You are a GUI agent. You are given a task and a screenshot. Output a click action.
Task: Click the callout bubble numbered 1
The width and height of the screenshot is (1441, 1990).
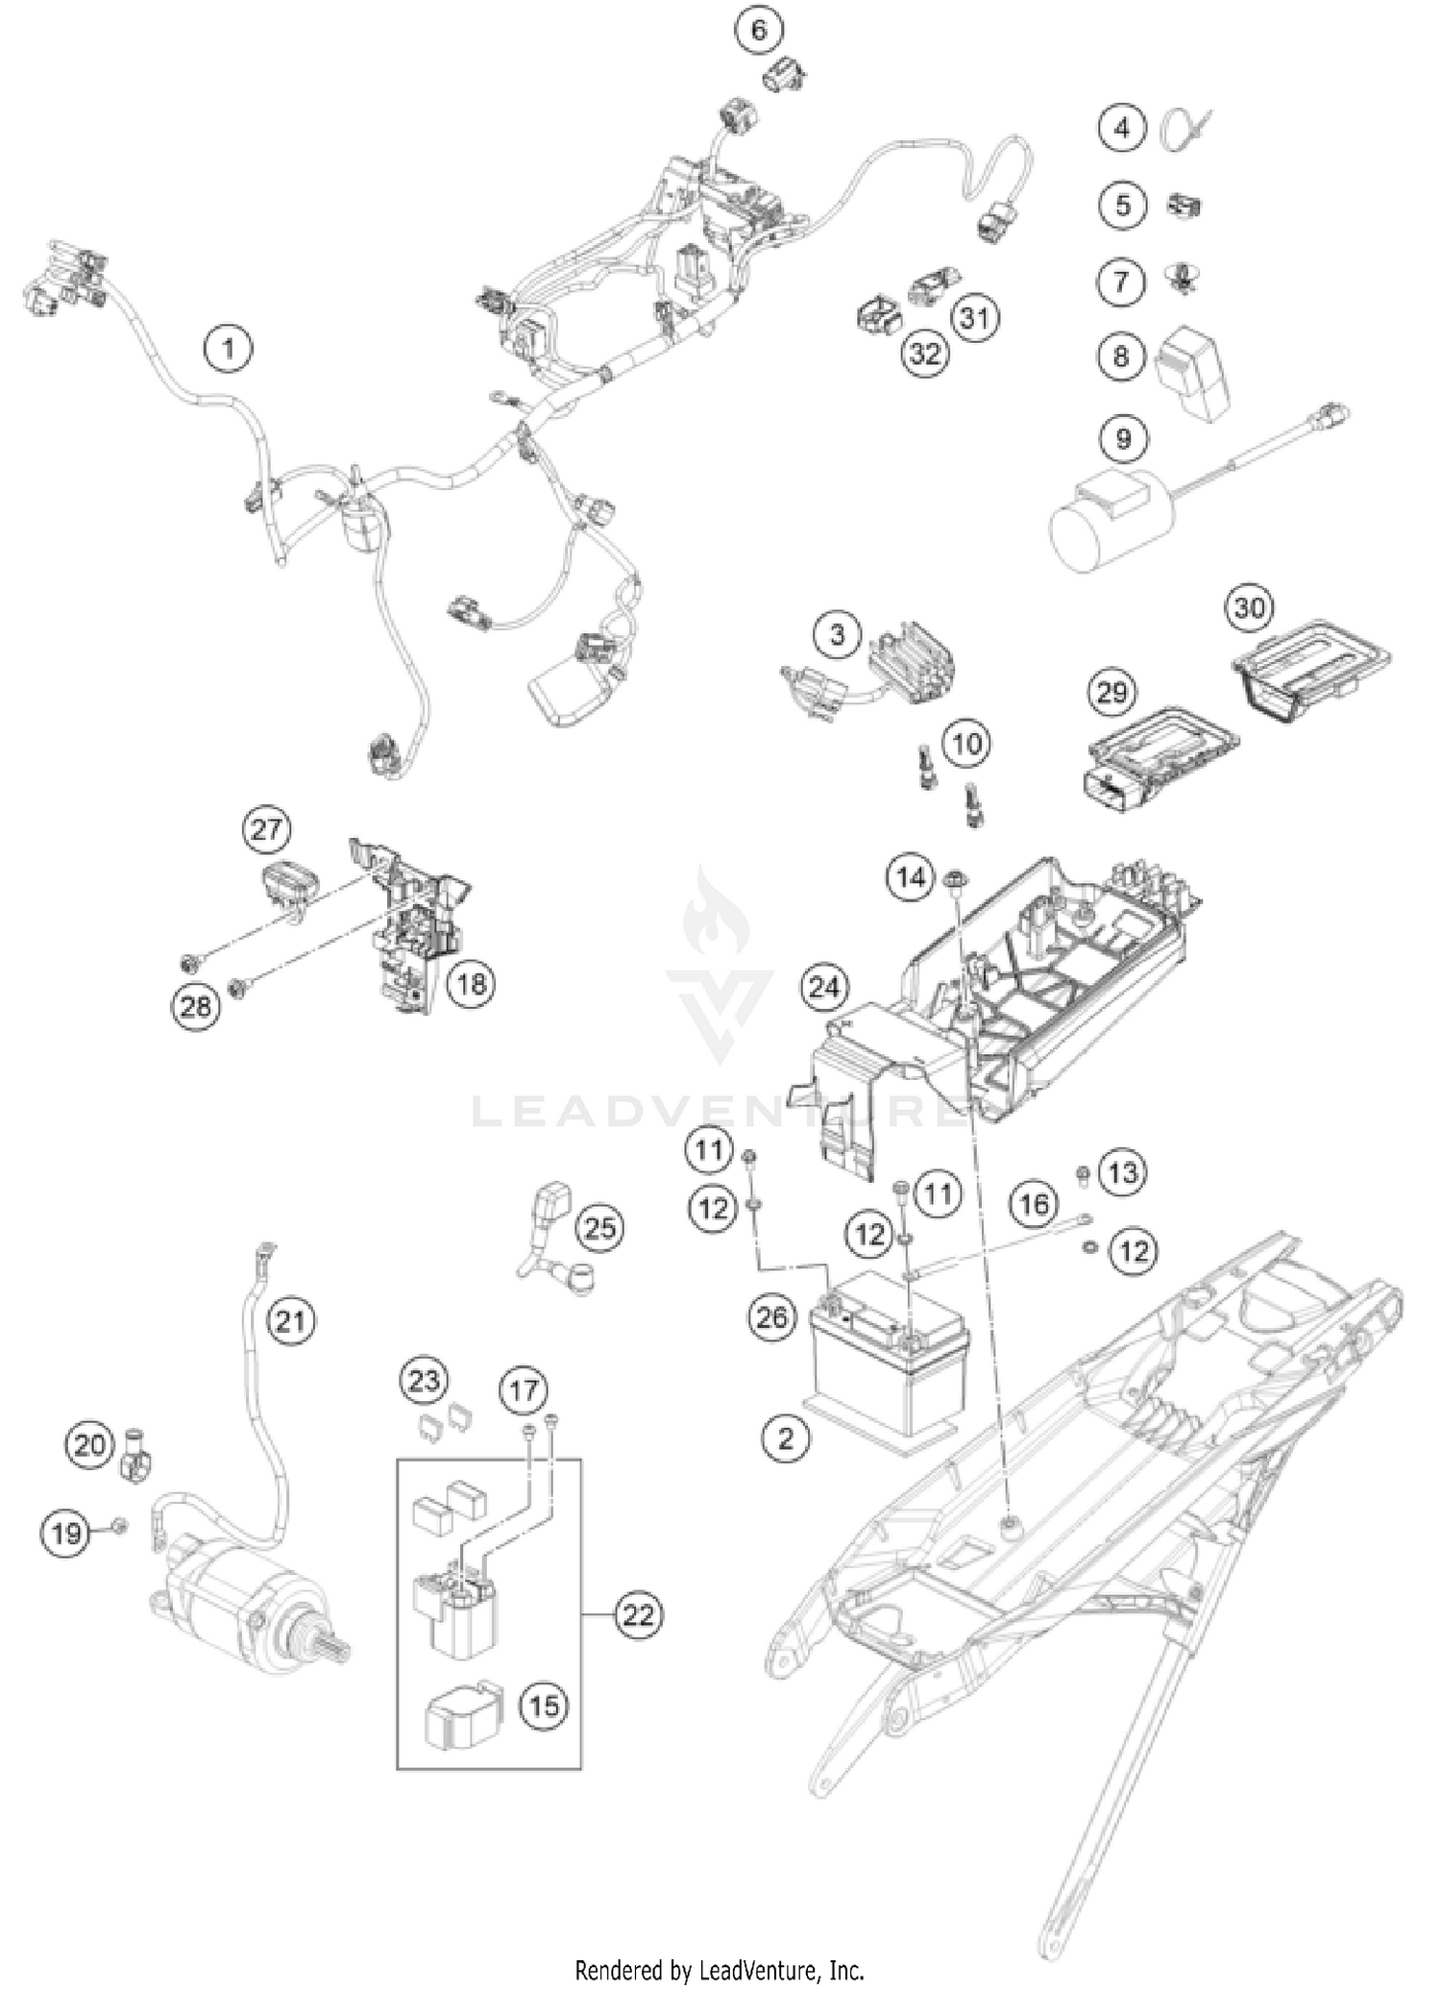[x=228, y=348]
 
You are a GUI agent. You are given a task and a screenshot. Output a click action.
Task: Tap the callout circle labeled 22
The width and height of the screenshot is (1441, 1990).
[x=638, y=1613]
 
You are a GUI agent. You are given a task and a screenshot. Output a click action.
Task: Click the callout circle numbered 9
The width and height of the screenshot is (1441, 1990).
[x=1122, y=438]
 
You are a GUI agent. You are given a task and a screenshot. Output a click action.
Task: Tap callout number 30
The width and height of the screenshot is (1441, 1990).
[x=1249, y=607]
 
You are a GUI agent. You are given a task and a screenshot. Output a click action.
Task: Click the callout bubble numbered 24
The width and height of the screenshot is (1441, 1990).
[x=824, y=987]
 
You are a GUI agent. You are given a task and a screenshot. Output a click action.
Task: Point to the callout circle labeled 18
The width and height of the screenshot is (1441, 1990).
[x=472, y=982]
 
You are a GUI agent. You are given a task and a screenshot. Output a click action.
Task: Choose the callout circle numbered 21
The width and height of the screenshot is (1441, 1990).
[x=291, y=1320]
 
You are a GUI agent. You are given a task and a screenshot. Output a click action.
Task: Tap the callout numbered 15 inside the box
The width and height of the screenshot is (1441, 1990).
[x=544, y=1705]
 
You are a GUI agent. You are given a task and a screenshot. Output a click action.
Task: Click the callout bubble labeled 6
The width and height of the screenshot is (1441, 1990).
[x=759, y=30]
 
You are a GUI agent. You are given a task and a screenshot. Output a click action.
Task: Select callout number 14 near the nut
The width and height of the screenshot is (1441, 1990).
[x=910, y=875]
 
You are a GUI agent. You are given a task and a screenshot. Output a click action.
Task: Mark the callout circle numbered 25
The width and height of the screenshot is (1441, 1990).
[x=600, y=1227]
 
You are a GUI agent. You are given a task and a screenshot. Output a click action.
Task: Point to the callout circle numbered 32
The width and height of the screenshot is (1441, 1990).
[x=924, y=354]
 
